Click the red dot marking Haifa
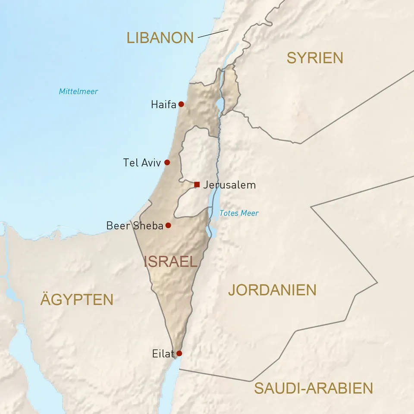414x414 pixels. (181, 104)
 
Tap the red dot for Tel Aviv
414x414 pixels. (167, 163)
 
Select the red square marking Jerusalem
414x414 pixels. (197, 185)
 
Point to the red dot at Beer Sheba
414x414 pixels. (168, 225)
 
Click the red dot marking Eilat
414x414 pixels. (179, 353)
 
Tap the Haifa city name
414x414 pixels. (163, 104)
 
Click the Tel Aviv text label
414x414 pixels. (142, 163)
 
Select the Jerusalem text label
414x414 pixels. (229, 185)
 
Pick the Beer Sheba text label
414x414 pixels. (135, 226)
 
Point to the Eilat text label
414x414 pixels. (163, 354)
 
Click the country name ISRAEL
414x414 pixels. (170, 261)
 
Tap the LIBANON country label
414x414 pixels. (160, 38)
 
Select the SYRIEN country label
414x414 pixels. (315, 58)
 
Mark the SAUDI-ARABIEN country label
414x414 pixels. (313, 388)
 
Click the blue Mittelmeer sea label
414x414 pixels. (78, 91)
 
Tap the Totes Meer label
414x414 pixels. (239, 213)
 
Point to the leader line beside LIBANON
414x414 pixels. (213, 34)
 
